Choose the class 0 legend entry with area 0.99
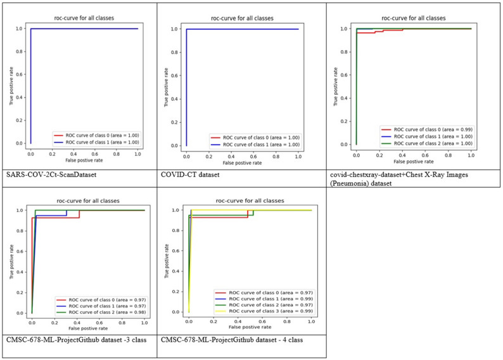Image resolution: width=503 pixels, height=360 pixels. click(425, 129)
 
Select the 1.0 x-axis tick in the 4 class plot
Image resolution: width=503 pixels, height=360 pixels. click(311, 323)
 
